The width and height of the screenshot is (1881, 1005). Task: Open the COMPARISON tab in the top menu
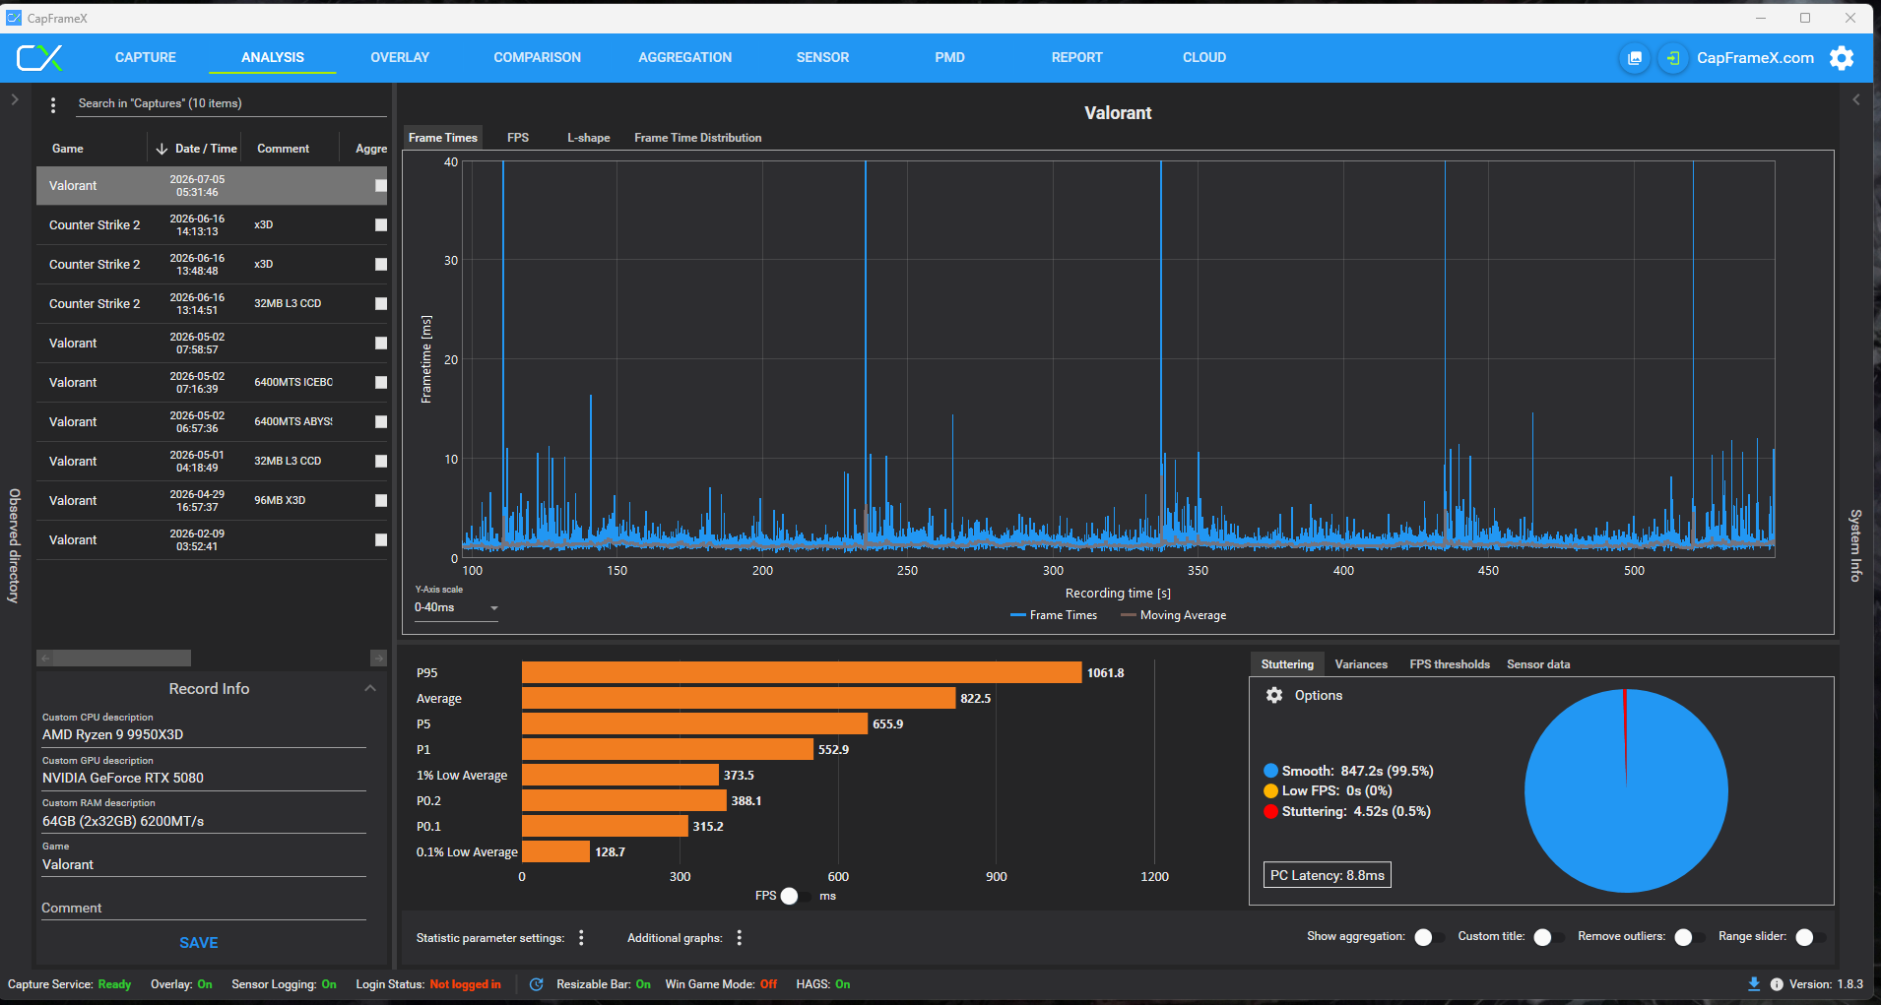coord(537,57)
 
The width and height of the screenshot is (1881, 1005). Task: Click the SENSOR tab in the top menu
coord(822,57)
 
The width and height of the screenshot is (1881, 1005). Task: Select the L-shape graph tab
coord(588,138)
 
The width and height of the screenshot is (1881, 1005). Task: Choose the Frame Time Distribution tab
coord(697,138)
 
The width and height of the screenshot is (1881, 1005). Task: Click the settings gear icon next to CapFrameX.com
coord(1842,58)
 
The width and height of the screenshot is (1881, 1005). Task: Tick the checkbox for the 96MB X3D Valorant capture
coord(381,500)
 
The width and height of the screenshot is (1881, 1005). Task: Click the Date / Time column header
coord(206,149)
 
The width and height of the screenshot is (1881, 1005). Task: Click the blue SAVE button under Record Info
coord(199,942)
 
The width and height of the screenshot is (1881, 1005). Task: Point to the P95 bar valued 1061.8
coord(802,672)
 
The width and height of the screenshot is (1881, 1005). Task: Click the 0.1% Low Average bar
coord(555,851)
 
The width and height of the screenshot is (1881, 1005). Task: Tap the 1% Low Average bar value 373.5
coord(739,775)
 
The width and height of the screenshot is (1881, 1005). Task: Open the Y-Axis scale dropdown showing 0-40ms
coord(456,607)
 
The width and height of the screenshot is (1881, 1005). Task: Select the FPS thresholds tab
coord(1449,664)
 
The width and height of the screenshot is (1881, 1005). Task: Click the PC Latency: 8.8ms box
coord(1327,875)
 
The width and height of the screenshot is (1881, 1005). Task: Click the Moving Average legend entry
coord(1174,615)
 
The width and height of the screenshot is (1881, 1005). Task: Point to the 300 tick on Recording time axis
coord(1053,571)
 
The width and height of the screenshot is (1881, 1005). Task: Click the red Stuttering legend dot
coord(1270,811)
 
